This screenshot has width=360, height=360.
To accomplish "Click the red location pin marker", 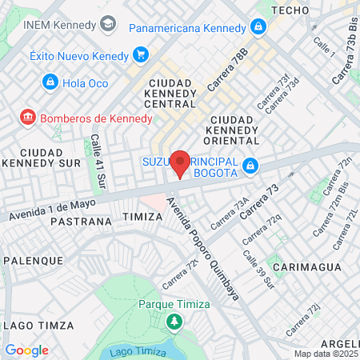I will click(180, 162).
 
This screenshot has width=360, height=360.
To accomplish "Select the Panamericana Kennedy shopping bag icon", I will click(257, 27).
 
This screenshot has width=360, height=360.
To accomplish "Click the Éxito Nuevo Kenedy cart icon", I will click(141, 54).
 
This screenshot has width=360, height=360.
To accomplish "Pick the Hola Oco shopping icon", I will click(50, 82).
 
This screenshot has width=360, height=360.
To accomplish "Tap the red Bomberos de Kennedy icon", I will click(28, 118).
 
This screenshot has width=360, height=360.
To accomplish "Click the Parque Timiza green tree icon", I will click(174, 322).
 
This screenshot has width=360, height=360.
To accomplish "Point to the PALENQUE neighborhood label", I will click(33, 261).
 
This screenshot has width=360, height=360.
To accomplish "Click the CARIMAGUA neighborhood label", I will click(302, 265).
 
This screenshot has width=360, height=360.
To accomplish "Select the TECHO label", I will click(290, 10).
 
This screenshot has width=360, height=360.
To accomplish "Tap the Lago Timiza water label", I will click(132, 353).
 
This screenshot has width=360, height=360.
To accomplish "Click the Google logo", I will click(26, 350).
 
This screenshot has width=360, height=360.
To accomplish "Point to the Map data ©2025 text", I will click(326, 354).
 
